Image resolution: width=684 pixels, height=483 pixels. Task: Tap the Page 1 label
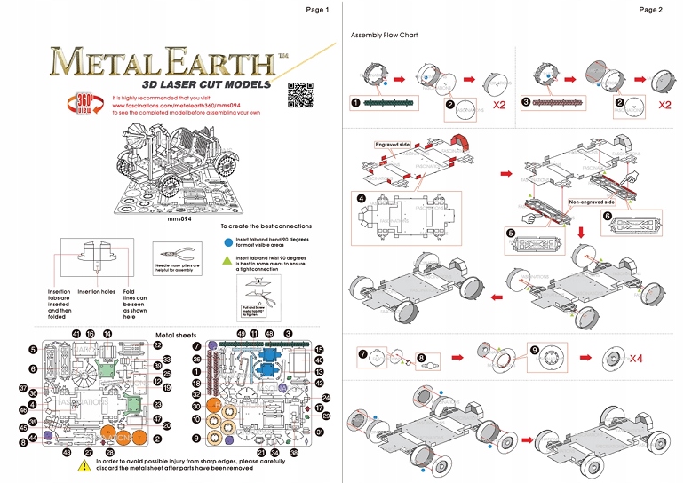tap(317, 10)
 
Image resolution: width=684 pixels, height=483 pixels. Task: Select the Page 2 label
tap(649, 10)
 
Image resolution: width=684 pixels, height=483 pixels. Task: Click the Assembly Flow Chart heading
tap(384, 35)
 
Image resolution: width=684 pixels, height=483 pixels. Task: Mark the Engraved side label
tap(392, 143)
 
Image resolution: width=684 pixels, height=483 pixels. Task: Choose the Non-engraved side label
tap(588, 202)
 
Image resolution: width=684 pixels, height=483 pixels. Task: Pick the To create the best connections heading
tap(266, 226)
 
